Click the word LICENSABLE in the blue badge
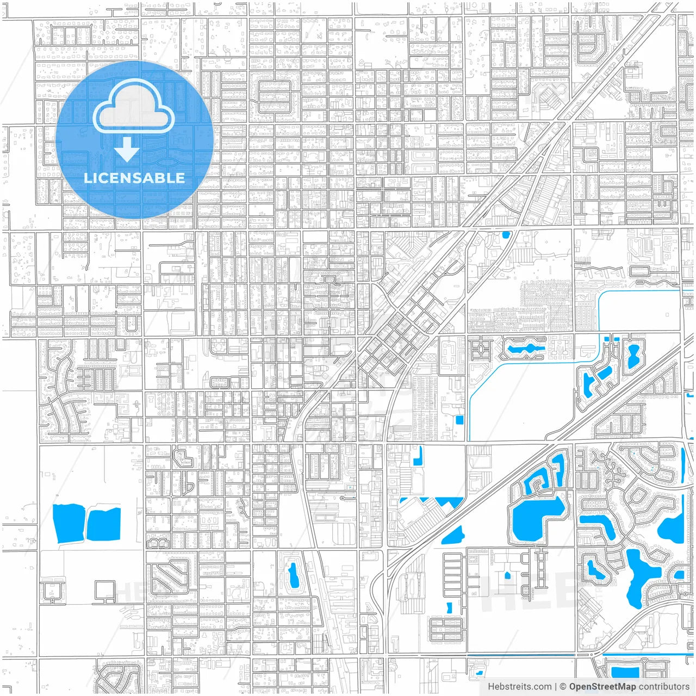pos(134,178)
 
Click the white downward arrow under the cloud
pos(127,150)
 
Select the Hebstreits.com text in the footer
pos(519,687)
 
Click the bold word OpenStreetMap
pos(602,687)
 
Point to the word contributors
pos(664,687)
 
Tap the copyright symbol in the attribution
pos(563,687)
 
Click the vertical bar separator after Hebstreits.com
pos(555,687)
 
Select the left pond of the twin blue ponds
pos(69,523)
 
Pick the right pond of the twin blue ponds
pos(103,525)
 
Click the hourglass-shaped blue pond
pos(632,356)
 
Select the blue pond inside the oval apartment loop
pos(294,575)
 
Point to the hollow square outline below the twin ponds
pos(105,591)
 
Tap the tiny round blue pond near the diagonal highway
pos(506,235)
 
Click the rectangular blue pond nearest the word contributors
pos(625,672)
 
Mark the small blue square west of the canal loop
pos(459,420)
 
